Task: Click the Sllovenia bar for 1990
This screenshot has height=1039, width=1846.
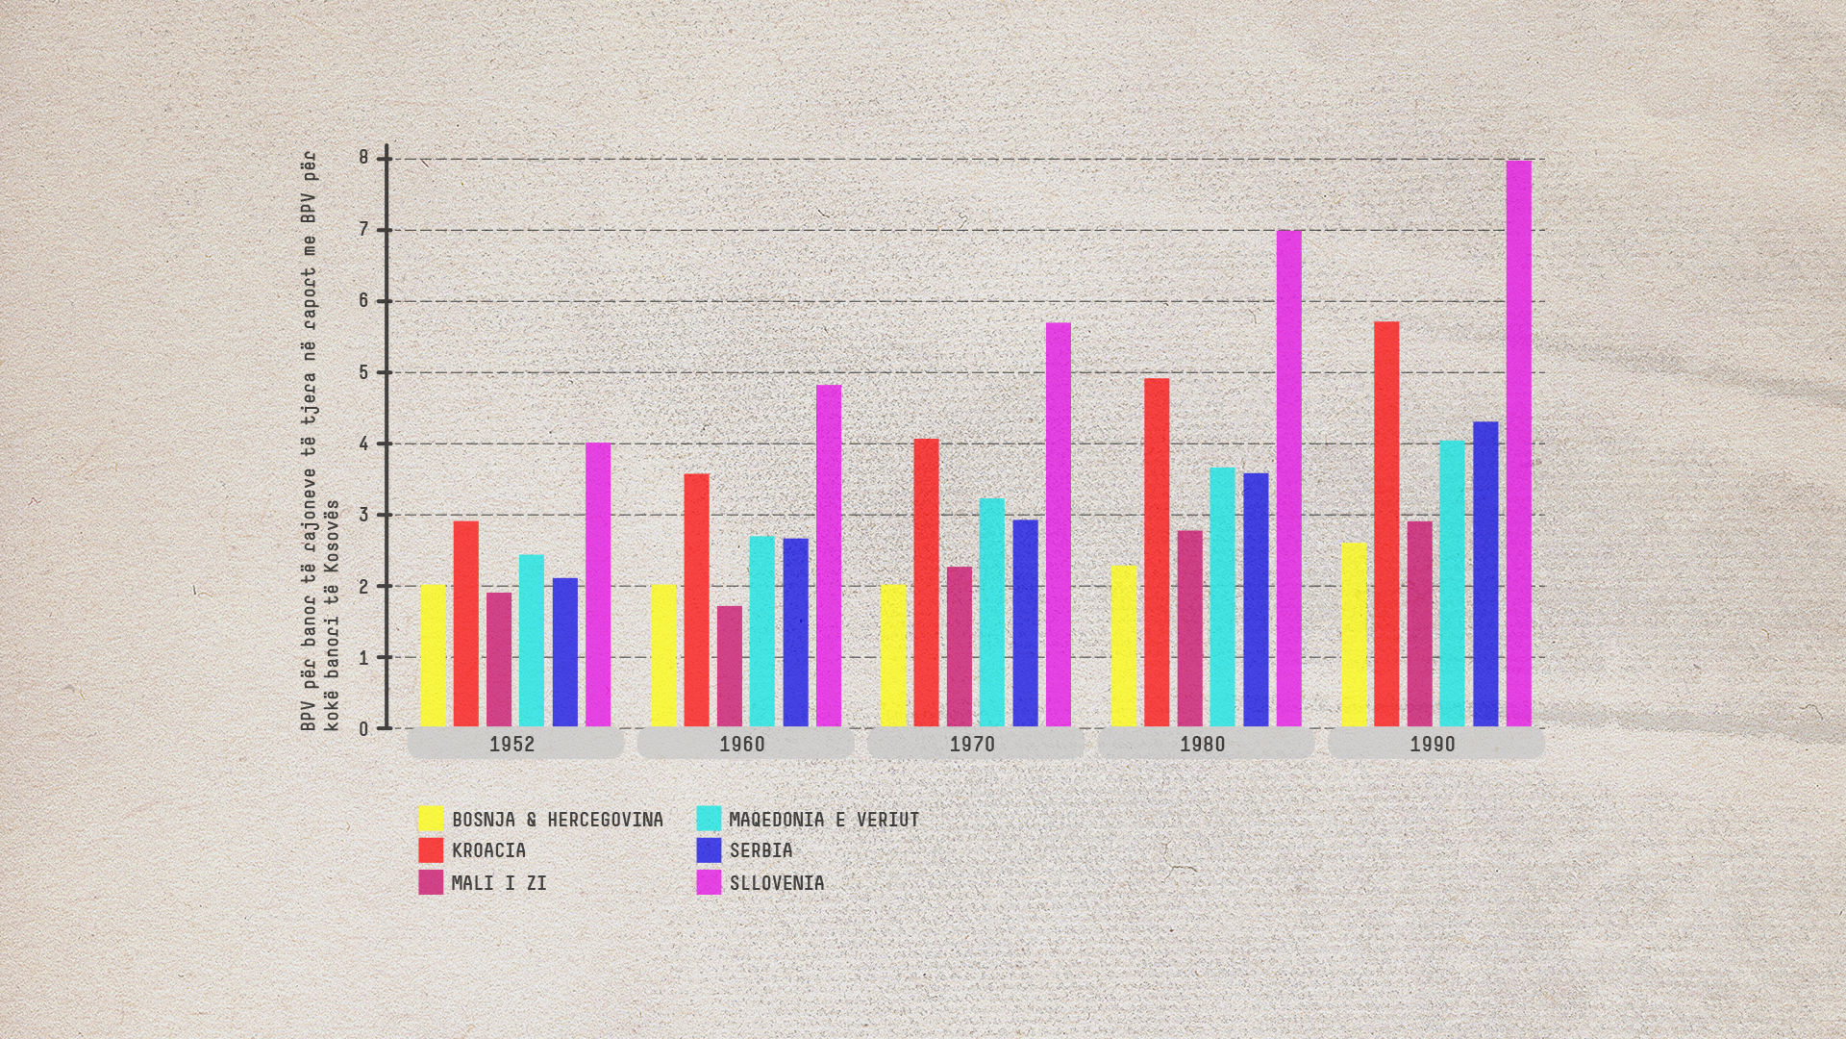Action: tap(1518, 443)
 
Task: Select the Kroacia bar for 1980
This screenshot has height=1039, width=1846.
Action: tap(1157, 552)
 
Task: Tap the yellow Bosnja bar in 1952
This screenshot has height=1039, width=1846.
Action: tap(433, 655)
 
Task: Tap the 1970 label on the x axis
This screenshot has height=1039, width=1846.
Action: tap(972, 744)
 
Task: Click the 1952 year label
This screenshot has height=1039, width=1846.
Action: tap(511, 744)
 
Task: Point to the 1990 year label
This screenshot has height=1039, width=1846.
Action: tap(1433, 744)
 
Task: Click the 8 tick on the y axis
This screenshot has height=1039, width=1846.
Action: tap(364, 158)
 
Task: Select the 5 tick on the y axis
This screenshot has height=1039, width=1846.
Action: tap(364, 372)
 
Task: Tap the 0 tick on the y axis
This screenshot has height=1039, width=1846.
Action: tap(364, 729)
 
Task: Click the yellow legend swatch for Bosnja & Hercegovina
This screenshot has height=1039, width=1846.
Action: tap(431, 819)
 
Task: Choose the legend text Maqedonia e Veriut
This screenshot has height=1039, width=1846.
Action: tap(824, 820)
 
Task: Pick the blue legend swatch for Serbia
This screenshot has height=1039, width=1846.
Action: tap(709, 850)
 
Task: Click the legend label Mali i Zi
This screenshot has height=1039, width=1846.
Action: tap(499, 882)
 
